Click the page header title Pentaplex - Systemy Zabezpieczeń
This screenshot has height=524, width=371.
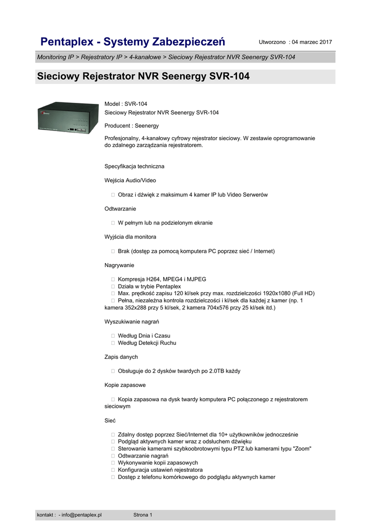coord(133,41)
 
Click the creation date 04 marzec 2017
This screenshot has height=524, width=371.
coord(312,42)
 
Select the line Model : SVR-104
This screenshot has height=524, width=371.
coord(126,104)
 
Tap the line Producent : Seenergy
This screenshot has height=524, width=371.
coord(132,125)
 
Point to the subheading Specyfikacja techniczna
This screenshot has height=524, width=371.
coord(134,166)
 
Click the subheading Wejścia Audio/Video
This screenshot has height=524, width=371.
coord(130,181)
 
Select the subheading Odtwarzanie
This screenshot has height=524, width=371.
coord(120,209)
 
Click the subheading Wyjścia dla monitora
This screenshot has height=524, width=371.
coord(130,237)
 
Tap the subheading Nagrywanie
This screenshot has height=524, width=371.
coord(119,265)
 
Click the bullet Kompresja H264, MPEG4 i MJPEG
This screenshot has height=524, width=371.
coord(162,279)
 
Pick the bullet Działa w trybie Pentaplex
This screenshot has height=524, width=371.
coord(149,287)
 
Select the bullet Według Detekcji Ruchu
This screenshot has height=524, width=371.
coord(147,343)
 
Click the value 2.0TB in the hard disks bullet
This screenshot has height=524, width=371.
coord(217,371)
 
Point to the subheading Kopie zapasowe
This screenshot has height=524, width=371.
coord(125,385)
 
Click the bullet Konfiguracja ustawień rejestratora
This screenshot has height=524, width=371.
coord(160,470)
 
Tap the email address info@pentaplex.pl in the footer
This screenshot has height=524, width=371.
coord(81,515)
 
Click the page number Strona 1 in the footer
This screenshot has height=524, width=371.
coord(143,515)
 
